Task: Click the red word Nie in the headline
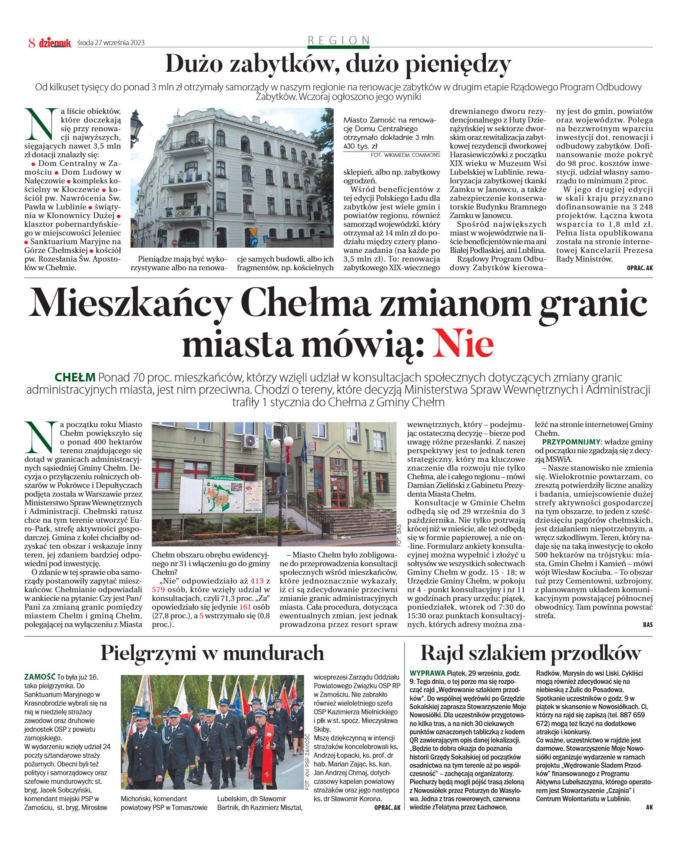point(463,344)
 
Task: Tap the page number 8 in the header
point(32,43)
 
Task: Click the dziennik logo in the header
point(55,43)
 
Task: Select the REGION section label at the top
point(338,40)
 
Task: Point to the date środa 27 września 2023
point(111,43)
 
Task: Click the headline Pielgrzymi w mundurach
point(212,653)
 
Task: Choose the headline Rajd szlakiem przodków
point(531,653)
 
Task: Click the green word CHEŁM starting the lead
point(75,377)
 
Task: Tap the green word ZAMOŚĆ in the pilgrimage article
point(40,677)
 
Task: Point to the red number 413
point(257,581)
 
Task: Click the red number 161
point(246,607)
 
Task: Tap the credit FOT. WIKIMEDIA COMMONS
point(405,155)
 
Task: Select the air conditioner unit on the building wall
point(250,441)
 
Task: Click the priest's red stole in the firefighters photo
point(266,743)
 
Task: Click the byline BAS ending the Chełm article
point(647,625)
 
